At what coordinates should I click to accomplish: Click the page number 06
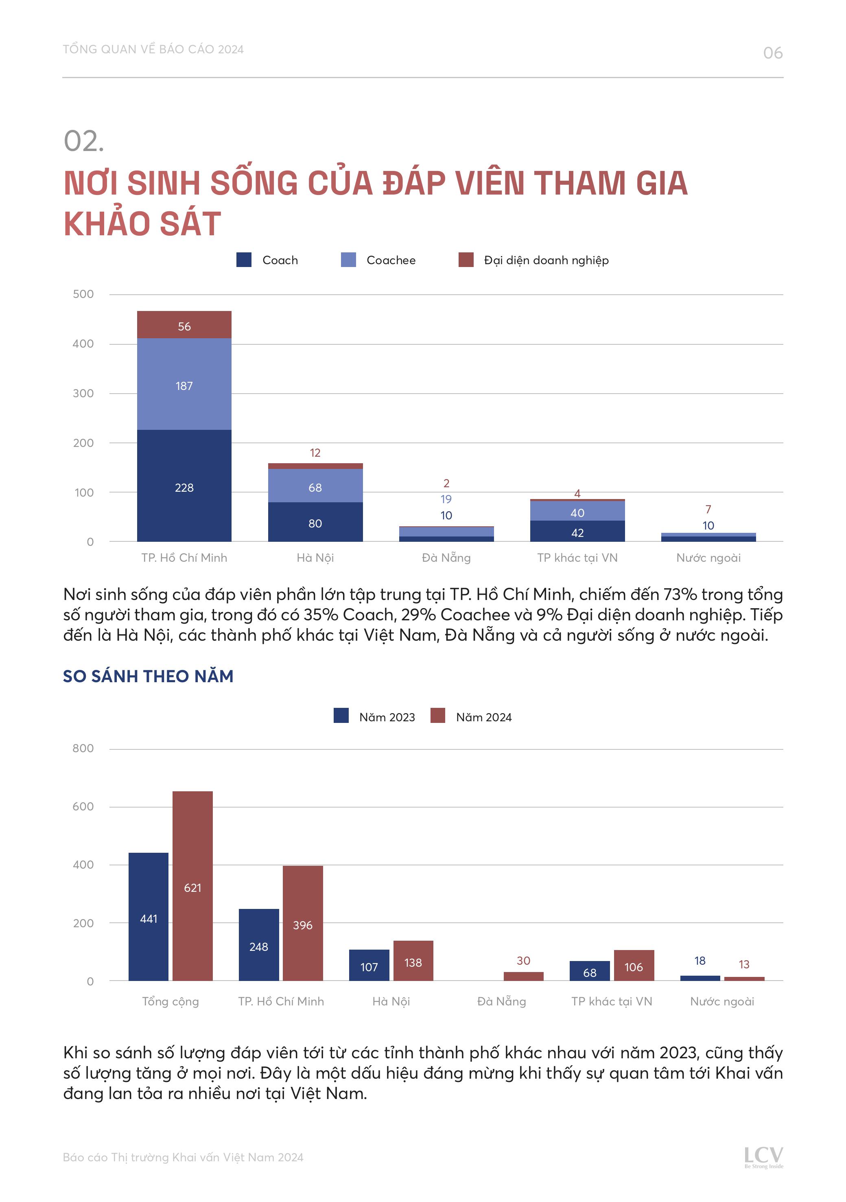tap(772, 53)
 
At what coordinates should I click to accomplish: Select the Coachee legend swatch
tap(348, 260)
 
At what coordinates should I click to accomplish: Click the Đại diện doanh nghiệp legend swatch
tap(466, 260)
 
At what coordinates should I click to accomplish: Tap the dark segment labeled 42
tap(577, 531)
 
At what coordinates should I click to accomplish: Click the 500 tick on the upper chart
tap(83, 294)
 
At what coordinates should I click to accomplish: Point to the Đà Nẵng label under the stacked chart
tap(446, 558)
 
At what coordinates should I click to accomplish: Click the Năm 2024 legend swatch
tap(438, 716)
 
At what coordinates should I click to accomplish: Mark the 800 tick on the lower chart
tap(83, 749)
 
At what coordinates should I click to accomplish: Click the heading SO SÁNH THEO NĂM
tap(148, 677)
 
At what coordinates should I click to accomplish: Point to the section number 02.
tap(84, 141)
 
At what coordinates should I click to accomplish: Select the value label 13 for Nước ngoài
tap(744, 964)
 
